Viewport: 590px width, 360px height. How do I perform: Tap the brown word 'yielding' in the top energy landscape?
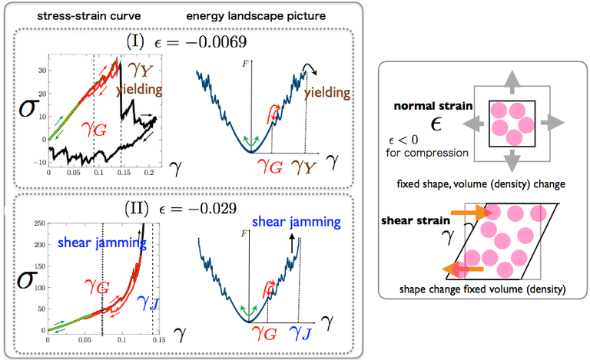(326, 93)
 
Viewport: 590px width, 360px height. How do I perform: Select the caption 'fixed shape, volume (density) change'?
(482, 184)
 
